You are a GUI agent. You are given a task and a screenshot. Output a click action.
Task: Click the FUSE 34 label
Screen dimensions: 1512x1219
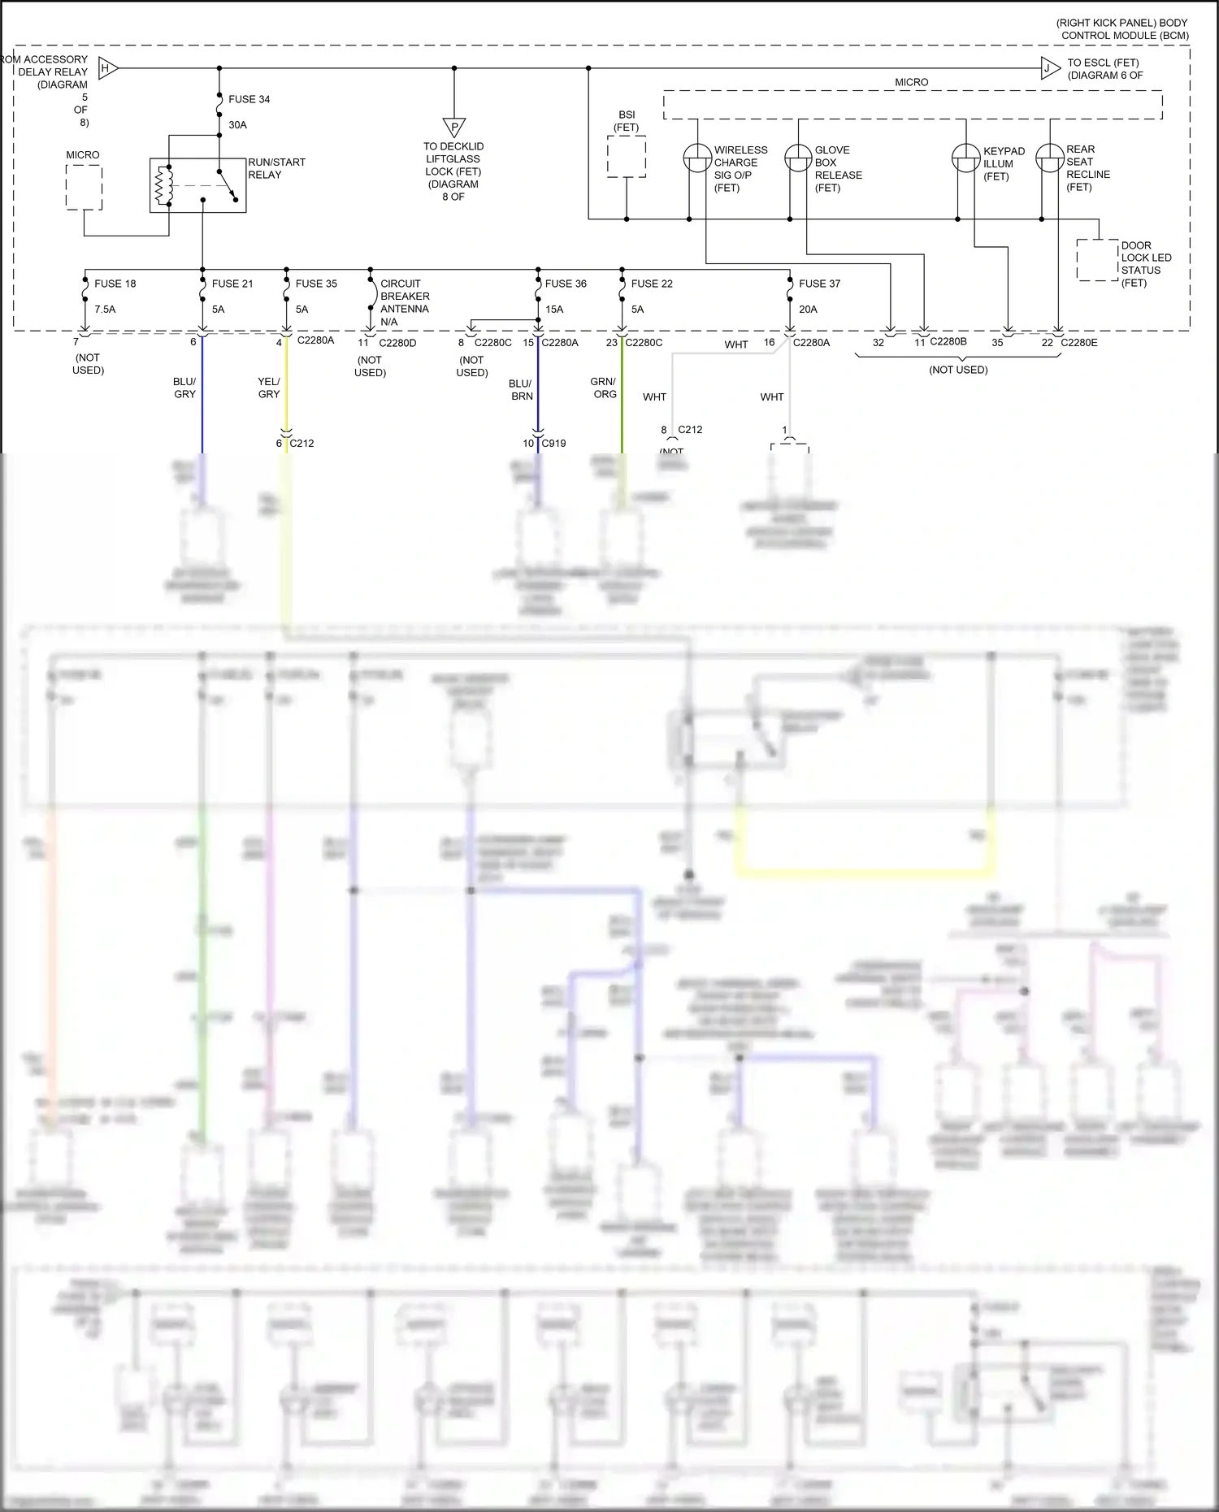(249, 99)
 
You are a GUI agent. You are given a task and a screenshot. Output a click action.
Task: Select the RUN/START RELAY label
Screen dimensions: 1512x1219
(276, 168)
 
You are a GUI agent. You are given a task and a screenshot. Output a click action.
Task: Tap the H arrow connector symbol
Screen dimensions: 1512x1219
(107, 68)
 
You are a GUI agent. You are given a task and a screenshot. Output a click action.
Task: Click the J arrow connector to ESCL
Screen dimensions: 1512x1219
(1049, 68)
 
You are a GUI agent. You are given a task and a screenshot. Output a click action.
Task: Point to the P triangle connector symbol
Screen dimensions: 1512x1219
(454, 128)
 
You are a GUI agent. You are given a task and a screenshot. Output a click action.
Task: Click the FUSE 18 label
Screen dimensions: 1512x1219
(115, 284)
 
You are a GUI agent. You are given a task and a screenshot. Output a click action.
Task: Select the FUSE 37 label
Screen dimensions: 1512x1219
(819, 284)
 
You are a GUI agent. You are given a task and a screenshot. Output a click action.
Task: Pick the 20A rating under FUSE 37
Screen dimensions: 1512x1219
(808, 310)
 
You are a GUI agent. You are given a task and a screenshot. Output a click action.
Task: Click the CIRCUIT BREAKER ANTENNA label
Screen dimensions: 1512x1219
(404, 302)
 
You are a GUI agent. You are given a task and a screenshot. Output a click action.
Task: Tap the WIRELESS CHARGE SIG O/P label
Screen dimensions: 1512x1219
(740, 168)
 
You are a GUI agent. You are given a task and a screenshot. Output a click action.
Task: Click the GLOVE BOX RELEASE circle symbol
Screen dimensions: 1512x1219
(798, 158)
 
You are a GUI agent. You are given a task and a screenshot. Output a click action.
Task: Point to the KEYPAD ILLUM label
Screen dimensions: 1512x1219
(1004, 163)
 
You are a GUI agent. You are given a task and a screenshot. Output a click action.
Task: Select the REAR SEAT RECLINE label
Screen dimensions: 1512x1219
(1087, 168)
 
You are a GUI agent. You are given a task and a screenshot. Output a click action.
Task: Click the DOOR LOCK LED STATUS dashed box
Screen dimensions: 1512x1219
(1097, 260)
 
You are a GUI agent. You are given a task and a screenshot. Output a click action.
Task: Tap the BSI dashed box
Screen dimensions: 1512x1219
(627, 156)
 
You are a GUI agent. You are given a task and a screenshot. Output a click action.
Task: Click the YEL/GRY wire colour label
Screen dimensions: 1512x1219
(268, 388)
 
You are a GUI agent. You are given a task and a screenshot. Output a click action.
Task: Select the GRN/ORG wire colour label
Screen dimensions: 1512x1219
(604, 388)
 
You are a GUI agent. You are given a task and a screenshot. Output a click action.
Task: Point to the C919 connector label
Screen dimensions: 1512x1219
(553, 444)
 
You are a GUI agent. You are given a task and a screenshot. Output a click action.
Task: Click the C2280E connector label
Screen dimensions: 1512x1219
(1078, 343)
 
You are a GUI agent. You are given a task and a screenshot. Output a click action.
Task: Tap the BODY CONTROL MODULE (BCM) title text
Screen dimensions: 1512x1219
(1124, 29)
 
